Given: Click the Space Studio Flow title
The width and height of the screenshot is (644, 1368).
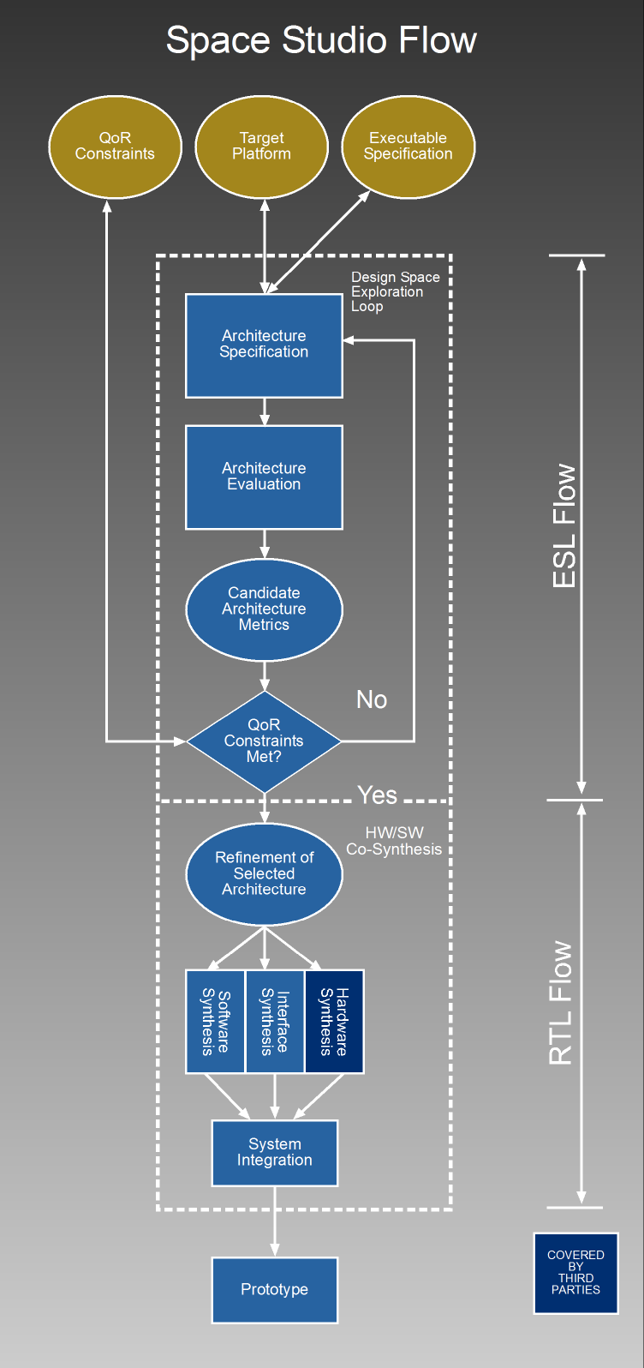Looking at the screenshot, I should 321,40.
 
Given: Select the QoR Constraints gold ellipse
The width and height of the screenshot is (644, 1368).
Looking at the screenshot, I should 115,147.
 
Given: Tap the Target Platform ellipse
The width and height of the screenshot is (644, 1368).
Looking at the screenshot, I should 261,147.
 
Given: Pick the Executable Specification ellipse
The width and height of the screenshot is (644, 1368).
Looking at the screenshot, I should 408,147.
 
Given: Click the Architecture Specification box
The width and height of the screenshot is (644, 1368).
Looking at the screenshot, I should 264,345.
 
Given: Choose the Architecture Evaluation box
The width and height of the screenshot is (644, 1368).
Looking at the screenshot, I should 264,477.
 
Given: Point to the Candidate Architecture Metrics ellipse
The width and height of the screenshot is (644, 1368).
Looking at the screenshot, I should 264,609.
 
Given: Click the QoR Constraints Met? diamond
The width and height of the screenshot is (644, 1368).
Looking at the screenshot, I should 264,741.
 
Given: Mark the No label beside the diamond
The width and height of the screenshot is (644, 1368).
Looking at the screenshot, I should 372,700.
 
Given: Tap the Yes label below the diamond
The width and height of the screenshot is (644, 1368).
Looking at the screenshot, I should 377,795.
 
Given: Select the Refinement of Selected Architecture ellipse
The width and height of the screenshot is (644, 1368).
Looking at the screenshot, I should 264,873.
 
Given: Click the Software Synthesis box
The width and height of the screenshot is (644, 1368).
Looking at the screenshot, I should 215,1022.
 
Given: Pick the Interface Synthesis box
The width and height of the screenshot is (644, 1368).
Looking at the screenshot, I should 274,1022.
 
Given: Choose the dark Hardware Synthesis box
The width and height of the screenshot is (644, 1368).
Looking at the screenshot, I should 334,1022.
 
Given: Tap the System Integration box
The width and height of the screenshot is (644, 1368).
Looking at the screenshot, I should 274,1153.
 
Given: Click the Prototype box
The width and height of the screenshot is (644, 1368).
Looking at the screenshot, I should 274,1290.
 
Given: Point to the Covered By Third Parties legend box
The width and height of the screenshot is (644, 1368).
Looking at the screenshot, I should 575,1273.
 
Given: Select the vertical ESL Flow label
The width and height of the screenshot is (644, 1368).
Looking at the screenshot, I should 564,526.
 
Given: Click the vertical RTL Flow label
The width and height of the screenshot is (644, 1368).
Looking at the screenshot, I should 561,1004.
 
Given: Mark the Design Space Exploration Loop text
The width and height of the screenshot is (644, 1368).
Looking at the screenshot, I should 395,292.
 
